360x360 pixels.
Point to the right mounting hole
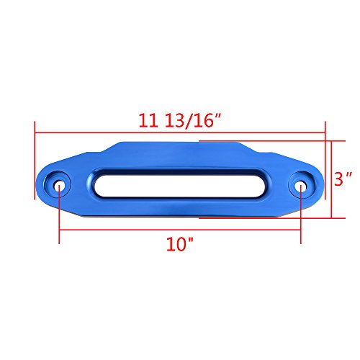click(x=301, y=185)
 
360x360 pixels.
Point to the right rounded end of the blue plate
click(x=320, y=186)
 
